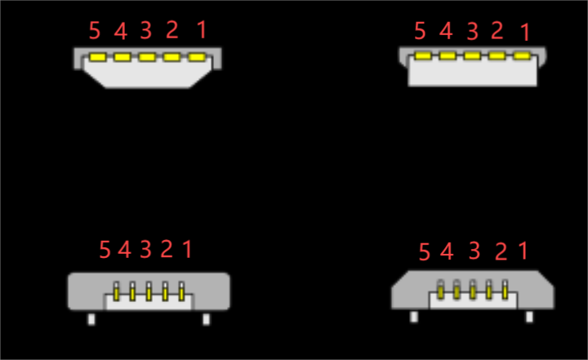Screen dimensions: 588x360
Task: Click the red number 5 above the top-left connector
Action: (x=95, y=31)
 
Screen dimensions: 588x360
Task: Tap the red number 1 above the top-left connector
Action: (x=202, y=30)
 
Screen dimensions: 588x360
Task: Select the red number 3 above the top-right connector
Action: (x=472, y=32)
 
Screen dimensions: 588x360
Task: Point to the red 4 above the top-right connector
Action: (x=446, y=32)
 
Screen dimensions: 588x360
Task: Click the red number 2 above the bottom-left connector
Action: (x=167, y=249)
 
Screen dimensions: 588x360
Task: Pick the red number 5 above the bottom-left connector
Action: (x=105, y=250)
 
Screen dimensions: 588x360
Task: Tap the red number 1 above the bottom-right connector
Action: (x=523, y=251)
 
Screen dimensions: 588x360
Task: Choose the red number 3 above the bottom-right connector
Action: (x=474, y=251)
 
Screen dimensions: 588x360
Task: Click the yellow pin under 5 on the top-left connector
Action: (x=98, y=57)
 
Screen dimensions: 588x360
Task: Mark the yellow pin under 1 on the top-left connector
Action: (x=196, y=57)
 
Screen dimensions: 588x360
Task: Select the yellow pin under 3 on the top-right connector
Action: (x=472, y=56)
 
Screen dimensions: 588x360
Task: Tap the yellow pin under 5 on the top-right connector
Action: (x=423, y=56)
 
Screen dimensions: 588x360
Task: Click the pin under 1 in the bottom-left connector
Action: (x=181, y=291)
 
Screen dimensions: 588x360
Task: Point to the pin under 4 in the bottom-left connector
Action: (x=132, y=291)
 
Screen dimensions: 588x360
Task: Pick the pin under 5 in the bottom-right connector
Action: (x=441, y=290)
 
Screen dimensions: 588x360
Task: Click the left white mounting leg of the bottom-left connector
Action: (x=91, y=319)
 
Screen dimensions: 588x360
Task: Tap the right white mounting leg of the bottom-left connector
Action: (x=206, y=319)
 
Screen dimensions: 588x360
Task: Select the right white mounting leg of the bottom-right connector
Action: (x=530, y=317)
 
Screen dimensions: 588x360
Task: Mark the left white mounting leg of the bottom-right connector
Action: (x=415, y=317)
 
